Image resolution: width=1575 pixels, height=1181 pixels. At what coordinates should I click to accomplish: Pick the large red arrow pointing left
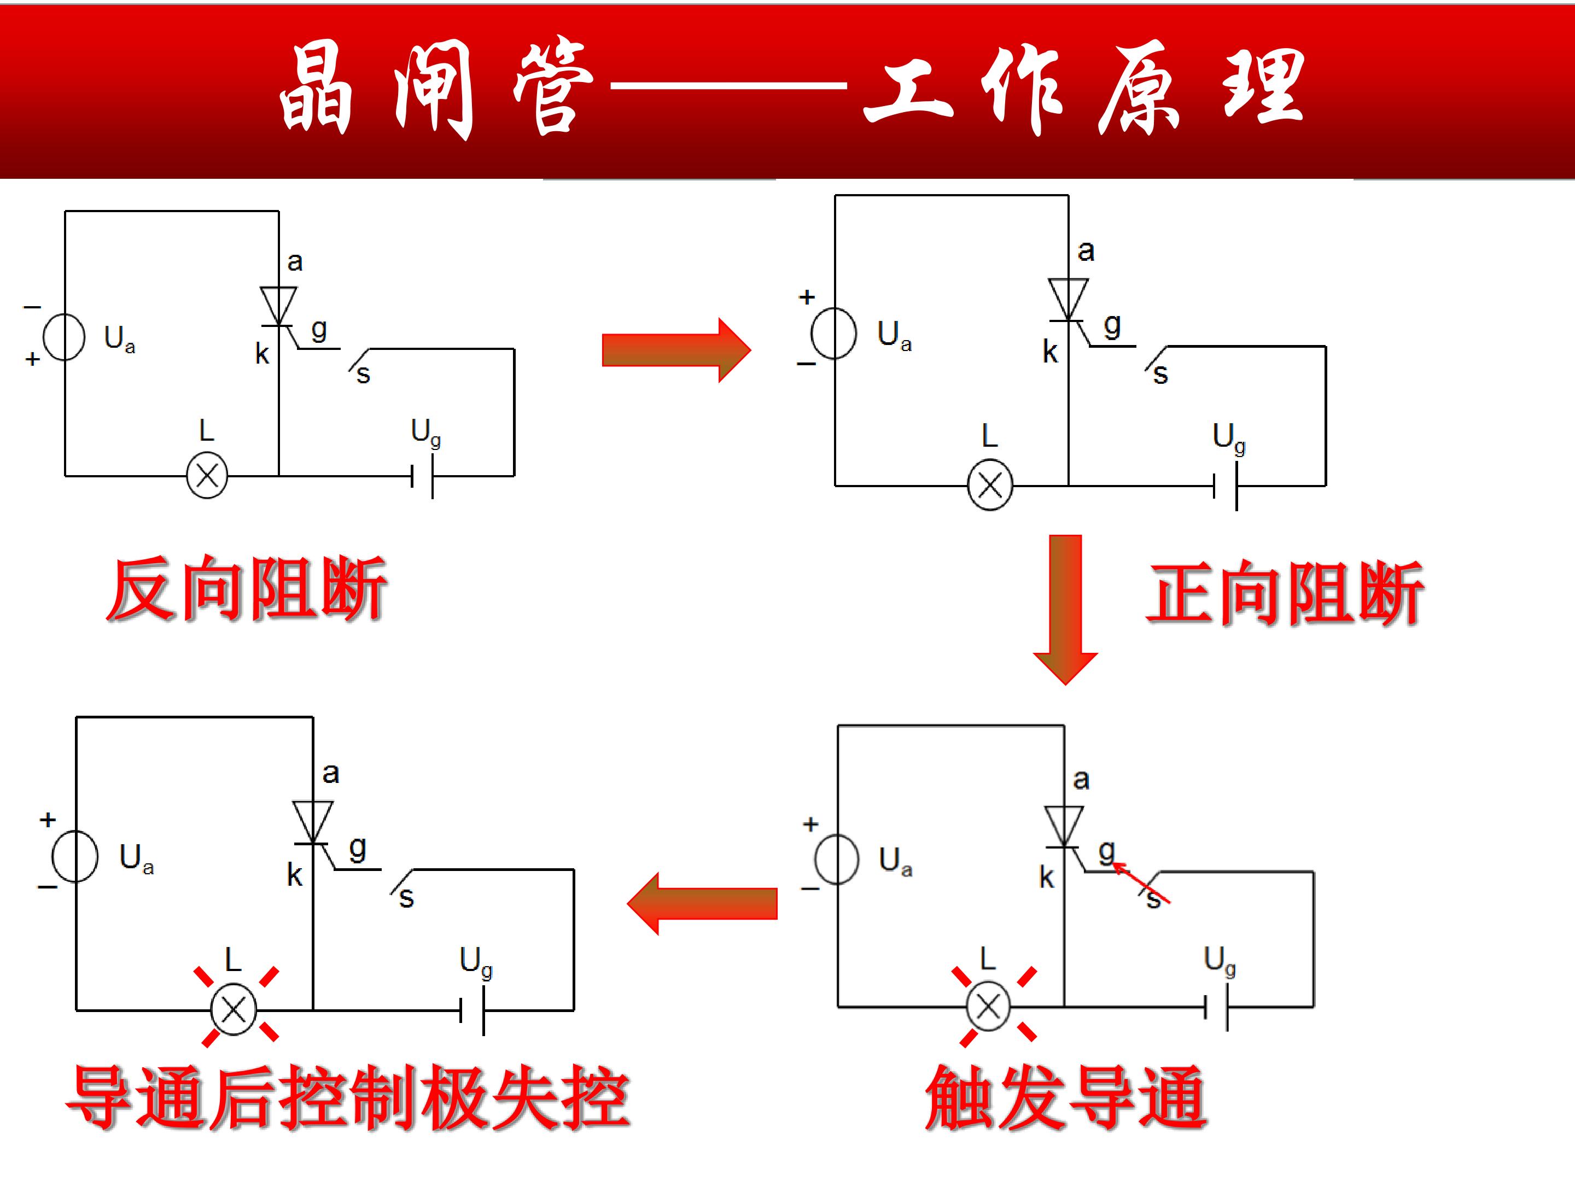point(702,903)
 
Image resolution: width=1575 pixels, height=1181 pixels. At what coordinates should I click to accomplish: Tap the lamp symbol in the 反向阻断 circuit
point(207,476)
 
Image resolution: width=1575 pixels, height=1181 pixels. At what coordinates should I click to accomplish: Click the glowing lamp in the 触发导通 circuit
point(988,1007)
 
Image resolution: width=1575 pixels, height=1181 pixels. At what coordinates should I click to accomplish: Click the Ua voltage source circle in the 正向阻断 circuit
point(834,333)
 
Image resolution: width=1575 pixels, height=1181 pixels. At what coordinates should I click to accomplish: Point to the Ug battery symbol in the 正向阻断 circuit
point(1226,486)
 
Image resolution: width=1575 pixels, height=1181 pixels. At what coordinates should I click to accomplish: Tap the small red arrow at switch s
point(1141,882)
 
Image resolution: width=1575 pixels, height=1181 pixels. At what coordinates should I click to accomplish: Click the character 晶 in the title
point(316,87)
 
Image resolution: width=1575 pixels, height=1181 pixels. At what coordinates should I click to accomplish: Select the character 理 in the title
point(1264,87)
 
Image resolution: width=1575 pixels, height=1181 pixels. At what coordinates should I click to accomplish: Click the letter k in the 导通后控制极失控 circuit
point(295,875)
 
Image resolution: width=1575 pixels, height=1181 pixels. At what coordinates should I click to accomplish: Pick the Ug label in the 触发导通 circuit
point(1220,961)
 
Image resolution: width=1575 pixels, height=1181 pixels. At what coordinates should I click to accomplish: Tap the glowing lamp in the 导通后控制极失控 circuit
point(234,1009)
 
